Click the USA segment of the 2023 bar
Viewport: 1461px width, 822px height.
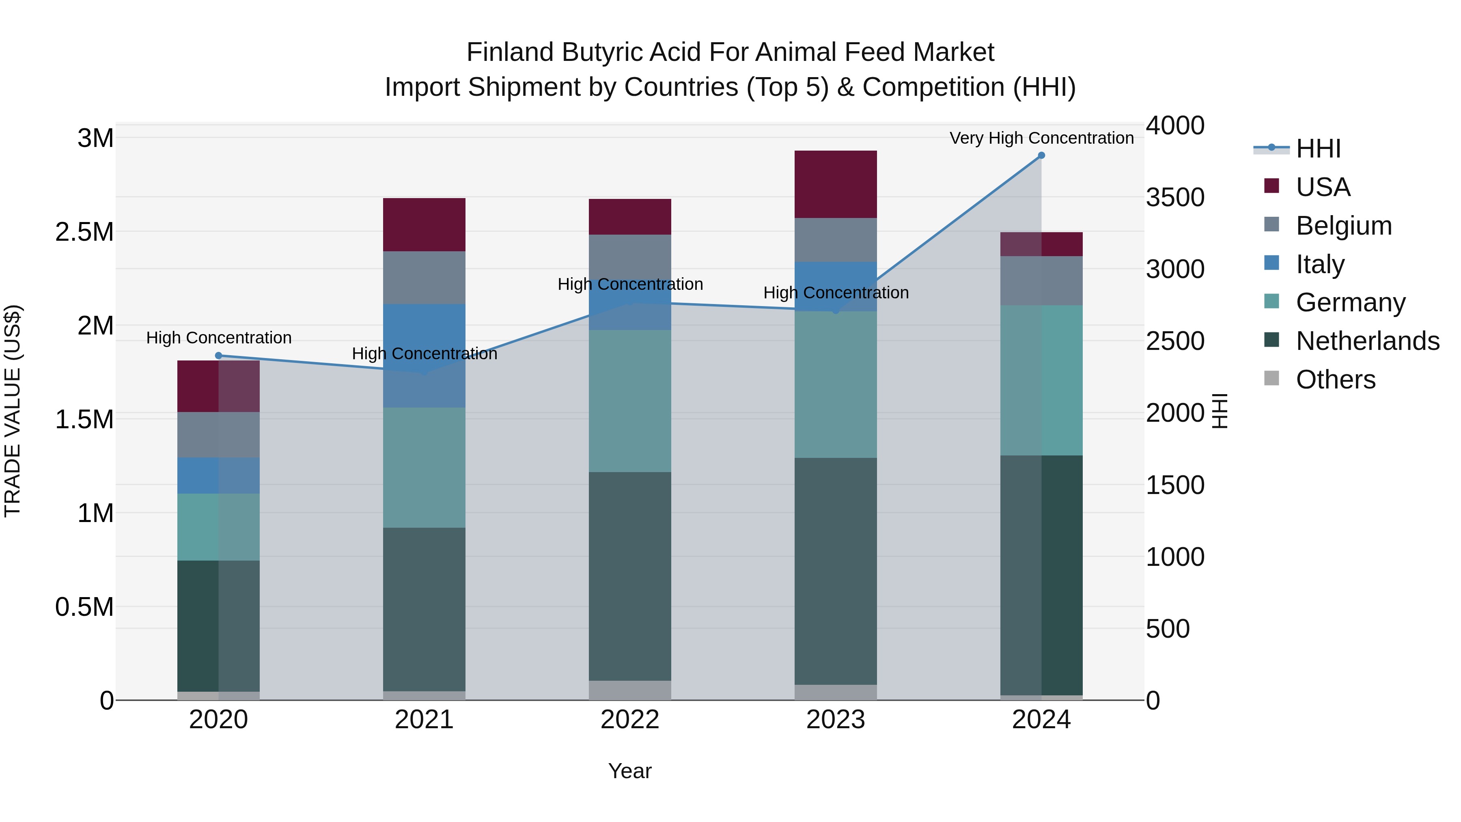[836, 184]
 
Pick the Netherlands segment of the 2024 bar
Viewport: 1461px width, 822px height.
[1041, 575]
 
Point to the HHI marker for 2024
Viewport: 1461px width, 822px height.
[1041, 155]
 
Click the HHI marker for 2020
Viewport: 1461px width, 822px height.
[218, 356]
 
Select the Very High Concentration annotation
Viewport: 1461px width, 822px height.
[1041, 138]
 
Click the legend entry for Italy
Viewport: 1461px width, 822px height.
[1320, 264]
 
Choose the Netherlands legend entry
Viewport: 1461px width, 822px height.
[1367, 341]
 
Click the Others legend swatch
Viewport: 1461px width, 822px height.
[1271, 378]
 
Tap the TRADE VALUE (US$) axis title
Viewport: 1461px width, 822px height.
[13, 411]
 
